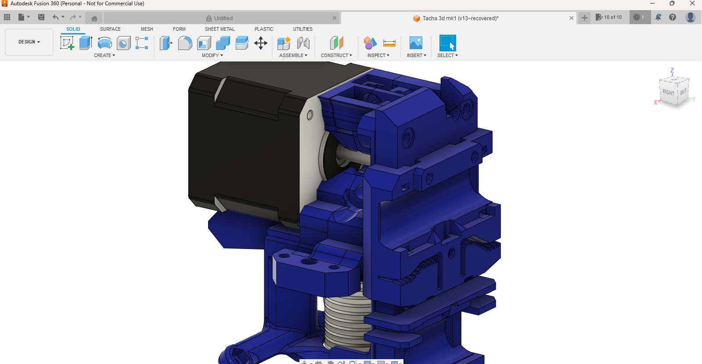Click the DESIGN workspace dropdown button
[x=29, y=42]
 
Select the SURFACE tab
[x=110, y=29]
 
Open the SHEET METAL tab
[x=220, y=29]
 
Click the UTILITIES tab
[x=302, y=29]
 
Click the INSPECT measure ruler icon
[x=389, y=43]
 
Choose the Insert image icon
[x=415, y=43]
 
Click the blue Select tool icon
[x=447, y=43]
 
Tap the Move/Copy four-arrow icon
[x=261, y=43]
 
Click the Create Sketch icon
[x=67, y=43]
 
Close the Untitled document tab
[x=335, y=18]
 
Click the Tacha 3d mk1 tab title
[x=460, y=18]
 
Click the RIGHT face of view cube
[x=668, y=92]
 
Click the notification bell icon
[x=658, y=17]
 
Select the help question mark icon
[x=673, y=17]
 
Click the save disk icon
[x=41, y=17]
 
